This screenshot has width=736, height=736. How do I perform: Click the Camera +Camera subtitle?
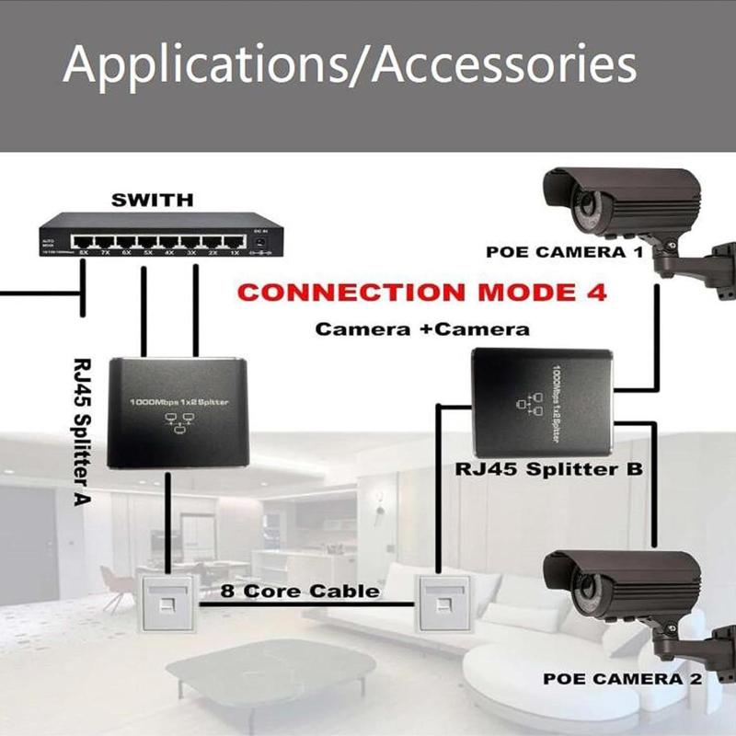click(422, 328)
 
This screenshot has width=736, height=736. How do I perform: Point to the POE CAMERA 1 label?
click(564, 252)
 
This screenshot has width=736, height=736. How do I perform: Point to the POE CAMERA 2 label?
click(622, 679)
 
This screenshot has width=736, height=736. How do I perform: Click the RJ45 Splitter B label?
click(549, 468)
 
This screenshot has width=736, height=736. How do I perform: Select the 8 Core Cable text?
click(300, 591)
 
